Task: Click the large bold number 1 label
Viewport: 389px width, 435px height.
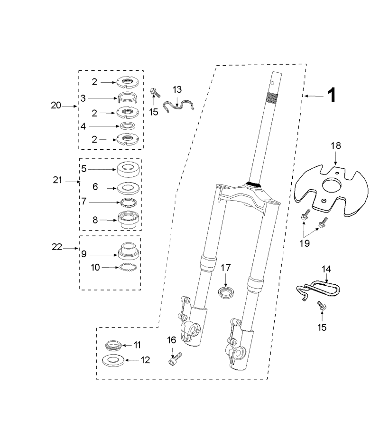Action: click(332, 96)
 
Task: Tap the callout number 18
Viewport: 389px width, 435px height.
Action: click(336, 145)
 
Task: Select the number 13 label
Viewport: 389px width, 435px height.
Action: click(177, 89)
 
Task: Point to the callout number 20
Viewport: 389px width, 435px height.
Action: click(56, 106)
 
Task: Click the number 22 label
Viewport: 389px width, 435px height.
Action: click(57, 247)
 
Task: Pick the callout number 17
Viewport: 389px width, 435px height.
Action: click(226, 268)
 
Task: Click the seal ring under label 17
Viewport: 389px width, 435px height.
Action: click(226, 293)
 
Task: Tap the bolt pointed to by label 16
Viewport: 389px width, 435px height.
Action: click(175, 358)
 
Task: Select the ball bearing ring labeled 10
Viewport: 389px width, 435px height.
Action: click(128, 268)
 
